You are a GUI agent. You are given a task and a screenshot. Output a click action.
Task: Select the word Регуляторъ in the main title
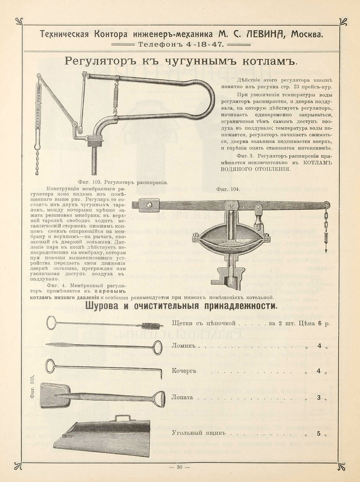tap(97, 62)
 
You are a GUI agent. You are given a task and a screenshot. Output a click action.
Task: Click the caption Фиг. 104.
tap(228, 189)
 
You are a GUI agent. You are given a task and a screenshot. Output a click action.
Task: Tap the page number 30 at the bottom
tap(179, 467)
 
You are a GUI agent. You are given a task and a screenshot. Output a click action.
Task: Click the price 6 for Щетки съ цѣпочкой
tap(320, 323)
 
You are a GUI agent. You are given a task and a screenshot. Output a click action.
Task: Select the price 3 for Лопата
tap(319, 397)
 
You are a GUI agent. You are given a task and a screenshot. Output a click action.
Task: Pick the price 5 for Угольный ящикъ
tap(319, 433)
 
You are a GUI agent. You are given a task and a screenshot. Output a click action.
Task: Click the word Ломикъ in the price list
tap(185, 346)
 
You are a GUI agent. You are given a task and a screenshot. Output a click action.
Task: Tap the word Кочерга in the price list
tap(184, 370)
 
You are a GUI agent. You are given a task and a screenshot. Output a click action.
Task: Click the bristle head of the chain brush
tap(152, 325)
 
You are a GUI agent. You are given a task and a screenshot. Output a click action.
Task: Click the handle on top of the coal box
tap(122, 418)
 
